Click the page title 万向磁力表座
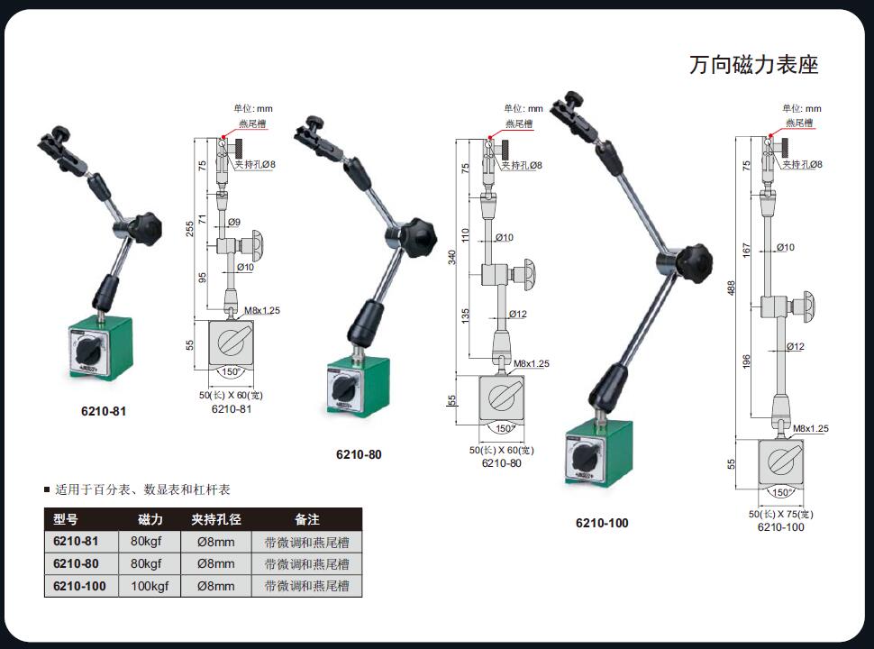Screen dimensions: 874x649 tap(753, 65)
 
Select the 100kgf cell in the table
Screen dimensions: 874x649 tap(150, 586)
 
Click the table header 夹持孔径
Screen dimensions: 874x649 tap(215, 519)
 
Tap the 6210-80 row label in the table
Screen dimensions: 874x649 tap(76, 563)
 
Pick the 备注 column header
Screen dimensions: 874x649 tap(307, 519)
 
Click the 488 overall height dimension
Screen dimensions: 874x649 tap(732, 288)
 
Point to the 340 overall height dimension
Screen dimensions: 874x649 tap(452, 257)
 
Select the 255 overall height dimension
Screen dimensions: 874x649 tap(190, 229)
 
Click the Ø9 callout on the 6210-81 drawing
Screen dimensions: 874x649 tap(234, 222)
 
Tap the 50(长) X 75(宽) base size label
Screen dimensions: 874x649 tap(780, 514)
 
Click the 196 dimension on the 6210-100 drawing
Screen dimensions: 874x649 tap(746, 361)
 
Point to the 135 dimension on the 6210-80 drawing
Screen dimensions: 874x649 tap(466, 316)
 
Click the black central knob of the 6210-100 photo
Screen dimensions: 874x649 tap(695, 262)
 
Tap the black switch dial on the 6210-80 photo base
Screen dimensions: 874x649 tap(342, 388)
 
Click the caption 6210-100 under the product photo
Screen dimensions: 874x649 tap(602, 523)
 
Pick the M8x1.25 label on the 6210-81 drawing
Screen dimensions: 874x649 tap(262, 311)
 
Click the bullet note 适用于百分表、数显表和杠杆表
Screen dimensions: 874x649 tap(142, 489)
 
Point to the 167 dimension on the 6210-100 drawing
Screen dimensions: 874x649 tap(746, 250)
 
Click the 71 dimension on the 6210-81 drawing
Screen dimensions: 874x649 tap(203, 219)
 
